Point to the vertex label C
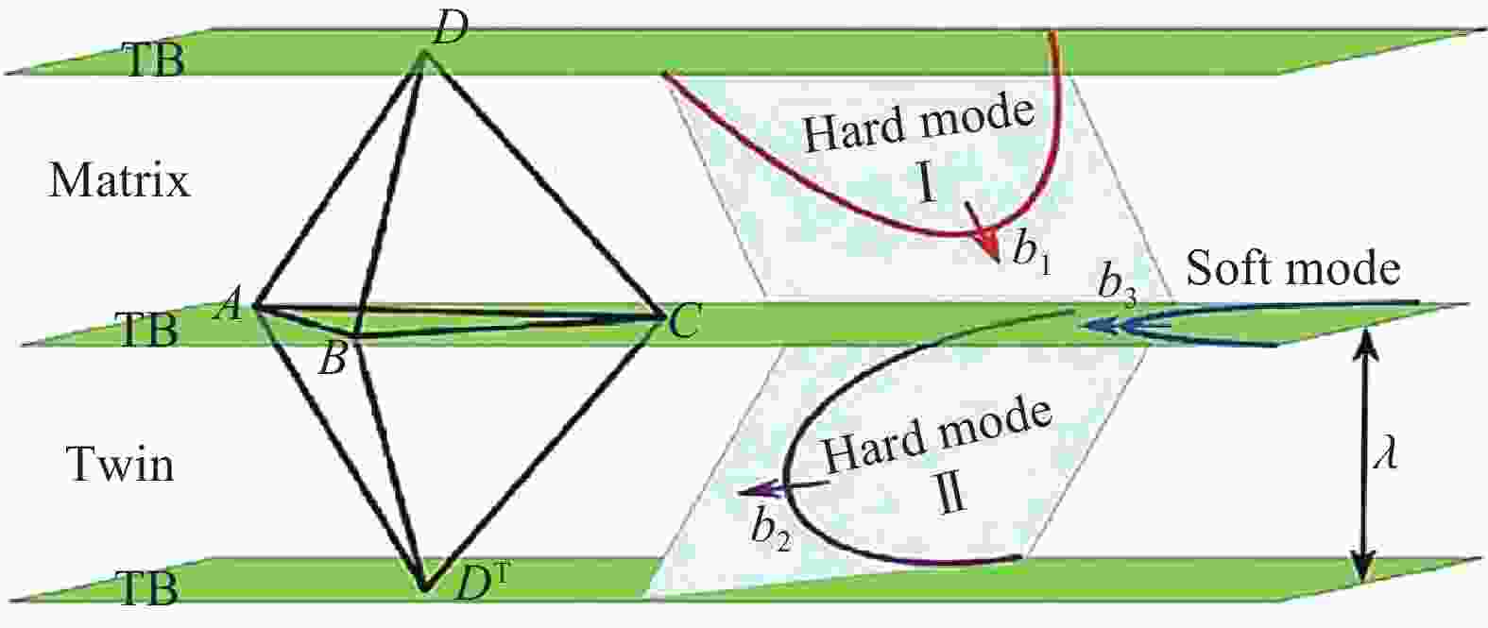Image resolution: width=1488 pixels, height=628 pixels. [x=683, y=323]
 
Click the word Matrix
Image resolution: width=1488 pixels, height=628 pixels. [x=120, y=180]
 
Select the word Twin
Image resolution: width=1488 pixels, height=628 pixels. [x=120, y=464]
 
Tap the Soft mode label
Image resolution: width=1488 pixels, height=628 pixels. [x=1292, y=268]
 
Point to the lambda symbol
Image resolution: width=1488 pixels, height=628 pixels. [x=1386, y=454]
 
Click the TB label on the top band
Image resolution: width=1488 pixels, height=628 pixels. [x=154, y=60]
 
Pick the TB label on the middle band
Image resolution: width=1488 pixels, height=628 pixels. [x=146, y=330]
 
